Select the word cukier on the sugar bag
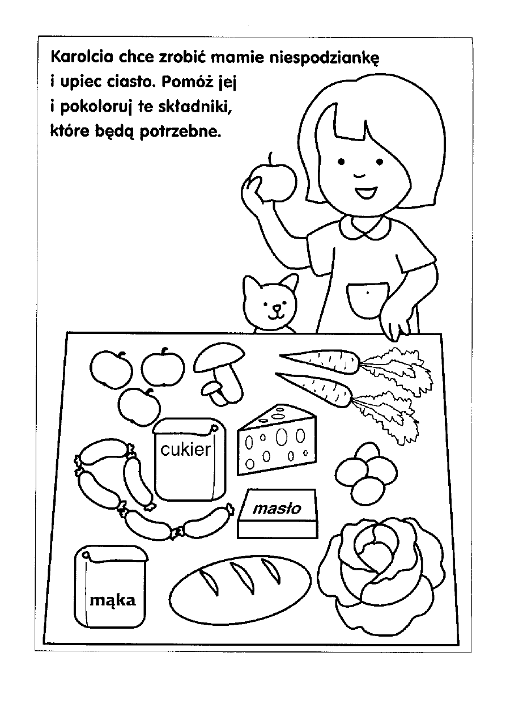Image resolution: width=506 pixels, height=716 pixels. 186,450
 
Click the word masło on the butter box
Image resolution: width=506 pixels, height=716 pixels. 277,509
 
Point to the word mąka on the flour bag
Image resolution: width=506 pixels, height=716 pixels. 112,601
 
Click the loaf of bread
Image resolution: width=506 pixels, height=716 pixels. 240,591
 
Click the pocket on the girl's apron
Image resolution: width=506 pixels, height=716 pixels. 367,300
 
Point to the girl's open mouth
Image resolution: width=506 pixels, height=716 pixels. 365,192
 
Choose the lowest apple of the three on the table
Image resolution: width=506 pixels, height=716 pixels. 139,407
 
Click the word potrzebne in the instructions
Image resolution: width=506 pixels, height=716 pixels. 181,132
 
